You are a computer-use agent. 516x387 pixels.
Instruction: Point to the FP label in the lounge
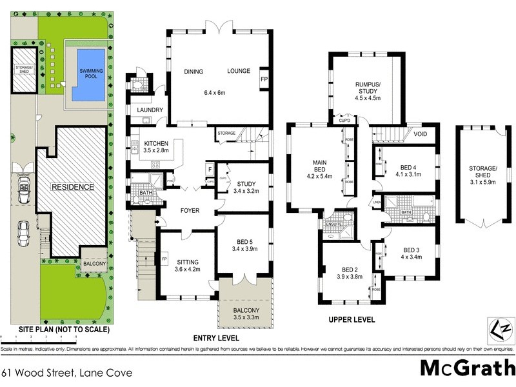(x=264, y=79)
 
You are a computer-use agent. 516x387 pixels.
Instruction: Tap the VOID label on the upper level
(x=421, y=134)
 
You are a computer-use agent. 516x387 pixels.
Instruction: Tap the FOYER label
(x=190, y=211)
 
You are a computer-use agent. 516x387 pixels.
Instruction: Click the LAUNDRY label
(x=150, y=110)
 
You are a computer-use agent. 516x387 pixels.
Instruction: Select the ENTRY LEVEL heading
(x=216, y=338)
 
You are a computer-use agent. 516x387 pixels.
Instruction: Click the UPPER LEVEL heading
(x=352, y=319)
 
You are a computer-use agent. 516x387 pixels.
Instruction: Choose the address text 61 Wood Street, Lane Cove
(x=67, y=372)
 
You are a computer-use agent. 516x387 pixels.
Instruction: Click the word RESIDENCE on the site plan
(x=73, y=187)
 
